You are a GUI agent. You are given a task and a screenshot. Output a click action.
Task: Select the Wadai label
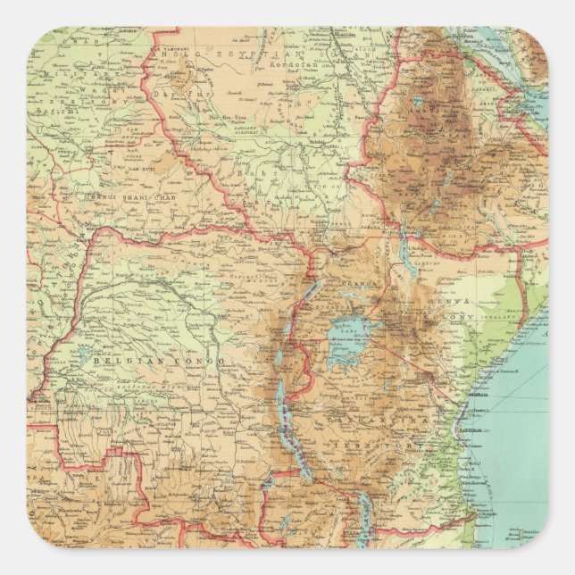tap(89, 89)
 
